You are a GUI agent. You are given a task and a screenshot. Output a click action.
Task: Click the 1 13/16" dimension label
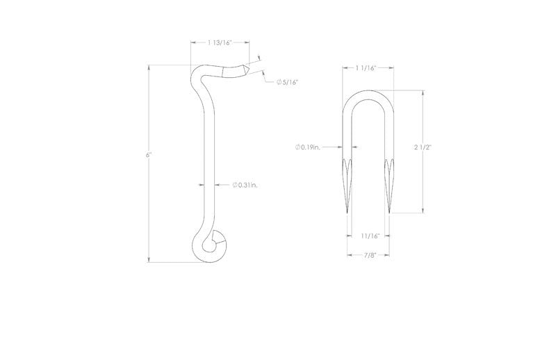[x=219, y=43]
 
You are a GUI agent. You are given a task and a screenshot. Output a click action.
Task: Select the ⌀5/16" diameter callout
[x=288, y=82]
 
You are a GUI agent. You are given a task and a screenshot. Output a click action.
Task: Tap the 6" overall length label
[x=149, y=154]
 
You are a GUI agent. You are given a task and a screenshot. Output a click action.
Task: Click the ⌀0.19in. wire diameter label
[x=307, y=147]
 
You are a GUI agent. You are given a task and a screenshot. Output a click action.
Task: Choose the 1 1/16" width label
[x=366, y=68]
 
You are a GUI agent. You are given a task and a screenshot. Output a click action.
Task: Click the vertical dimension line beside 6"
[x=149, y=208]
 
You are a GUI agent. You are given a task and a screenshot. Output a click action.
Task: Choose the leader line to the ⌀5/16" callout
[x=268, y=79]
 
